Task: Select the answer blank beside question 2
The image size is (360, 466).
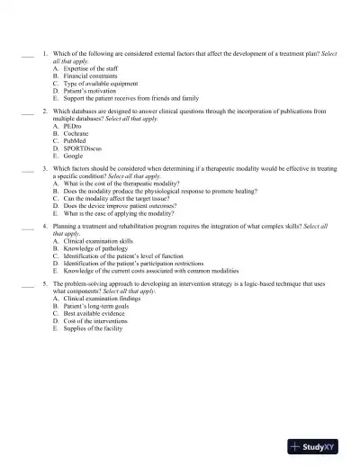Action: [27, 112]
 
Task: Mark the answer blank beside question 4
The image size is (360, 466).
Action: [27, 227]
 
